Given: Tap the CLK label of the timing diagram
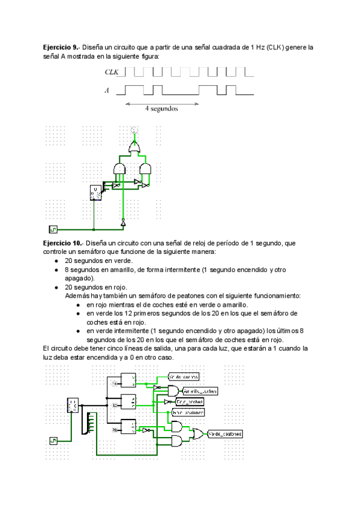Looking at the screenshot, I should coord(112,72).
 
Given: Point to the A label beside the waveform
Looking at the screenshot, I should coord(107,91).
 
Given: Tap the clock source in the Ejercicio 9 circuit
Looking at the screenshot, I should coord(52,229).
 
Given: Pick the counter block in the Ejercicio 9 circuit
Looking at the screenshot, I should coord(96,192).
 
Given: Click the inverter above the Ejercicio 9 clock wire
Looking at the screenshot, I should coord(123,223).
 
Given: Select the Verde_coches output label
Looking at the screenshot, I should coord(183,376).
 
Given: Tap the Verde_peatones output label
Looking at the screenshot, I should coord(225,433).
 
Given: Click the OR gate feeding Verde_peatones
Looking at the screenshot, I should coord(196,433).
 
